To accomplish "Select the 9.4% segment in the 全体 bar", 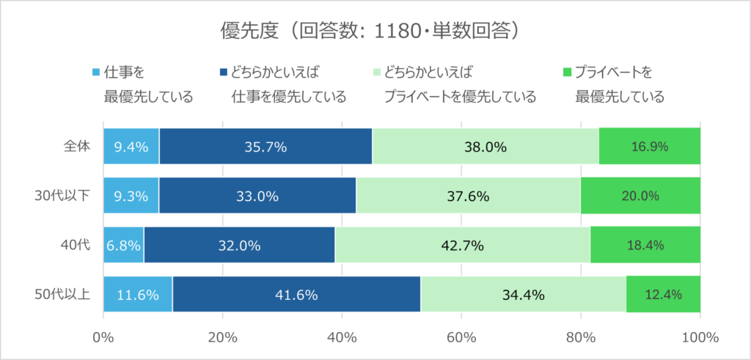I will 131,146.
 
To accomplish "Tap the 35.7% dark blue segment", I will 265,146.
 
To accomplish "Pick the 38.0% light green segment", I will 486,146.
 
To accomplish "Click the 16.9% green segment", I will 649,146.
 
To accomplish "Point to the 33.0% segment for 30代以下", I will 257,196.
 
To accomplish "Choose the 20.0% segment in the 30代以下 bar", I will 640,196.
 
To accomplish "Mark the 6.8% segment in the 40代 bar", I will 123,246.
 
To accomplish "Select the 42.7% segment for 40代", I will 463,246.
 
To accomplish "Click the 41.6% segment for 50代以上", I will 296,295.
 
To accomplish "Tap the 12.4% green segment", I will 663,295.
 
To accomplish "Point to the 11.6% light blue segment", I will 138,295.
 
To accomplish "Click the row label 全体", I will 76,146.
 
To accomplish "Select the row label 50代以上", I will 64,295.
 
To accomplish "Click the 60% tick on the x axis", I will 461,337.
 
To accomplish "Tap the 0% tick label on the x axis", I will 103,337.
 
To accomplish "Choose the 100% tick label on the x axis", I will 700,337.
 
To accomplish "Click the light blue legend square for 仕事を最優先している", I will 95,73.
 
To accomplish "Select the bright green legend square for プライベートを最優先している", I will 566,73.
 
